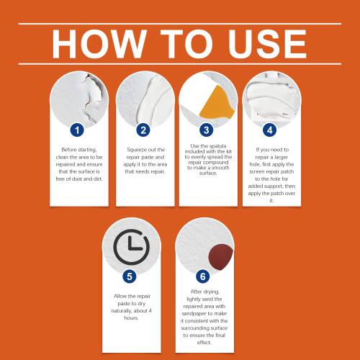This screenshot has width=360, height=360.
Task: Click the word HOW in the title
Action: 99,44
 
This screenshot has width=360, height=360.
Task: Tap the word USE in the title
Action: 267,44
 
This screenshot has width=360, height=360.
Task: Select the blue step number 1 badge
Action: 77,130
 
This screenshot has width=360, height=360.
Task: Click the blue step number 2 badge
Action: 143,130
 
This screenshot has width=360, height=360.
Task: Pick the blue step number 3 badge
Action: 207,130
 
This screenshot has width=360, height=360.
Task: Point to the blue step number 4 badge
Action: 270,130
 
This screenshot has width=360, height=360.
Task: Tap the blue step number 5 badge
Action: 130,276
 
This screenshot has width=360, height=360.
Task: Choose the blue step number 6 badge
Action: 203,276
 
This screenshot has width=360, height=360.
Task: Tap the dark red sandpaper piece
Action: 220,257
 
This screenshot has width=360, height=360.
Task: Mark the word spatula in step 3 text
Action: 217,146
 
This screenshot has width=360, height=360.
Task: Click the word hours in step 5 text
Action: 131,318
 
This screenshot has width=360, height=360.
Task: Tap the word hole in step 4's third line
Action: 254,164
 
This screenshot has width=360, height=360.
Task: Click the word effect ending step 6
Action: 204,343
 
